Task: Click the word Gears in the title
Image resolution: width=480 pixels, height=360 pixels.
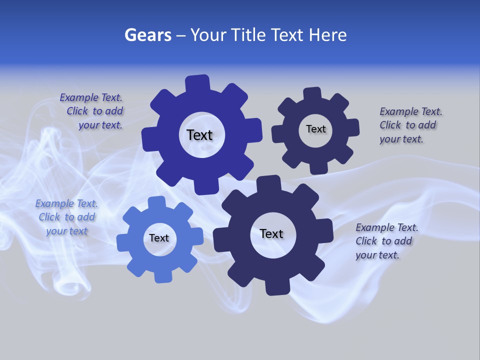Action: tap(147, 35)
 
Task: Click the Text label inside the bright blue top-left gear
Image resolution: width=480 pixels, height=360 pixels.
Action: tap(199, 135)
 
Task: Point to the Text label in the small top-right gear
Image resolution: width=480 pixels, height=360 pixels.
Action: tap(315, 129)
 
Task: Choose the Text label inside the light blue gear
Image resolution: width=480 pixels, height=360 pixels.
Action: tap(159, 238)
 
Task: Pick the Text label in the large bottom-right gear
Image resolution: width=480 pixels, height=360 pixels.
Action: tap(271, 233)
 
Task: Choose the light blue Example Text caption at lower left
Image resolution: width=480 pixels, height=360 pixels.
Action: tap(67, 217)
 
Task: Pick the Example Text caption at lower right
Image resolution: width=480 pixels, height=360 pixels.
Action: tap(386, 241)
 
